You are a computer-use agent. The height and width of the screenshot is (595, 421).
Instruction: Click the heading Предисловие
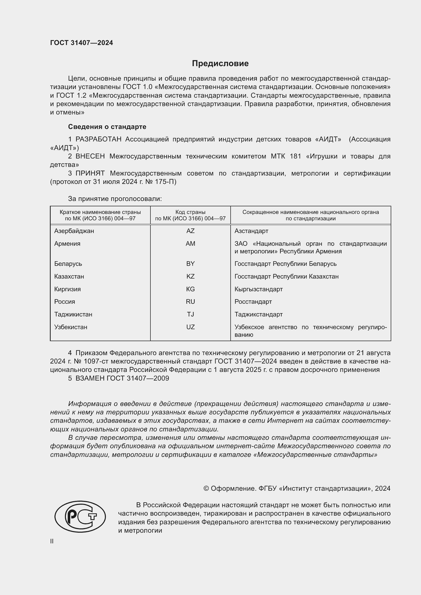pyautogui.click(x=220, y=64)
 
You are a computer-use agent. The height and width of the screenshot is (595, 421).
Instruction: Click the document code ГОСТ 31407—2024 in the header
pyautogui.click(x=81, y=43)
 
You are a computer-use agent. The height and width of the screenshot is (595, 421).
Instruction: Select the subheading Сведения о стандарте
pyautogui.click(x=107, y=127)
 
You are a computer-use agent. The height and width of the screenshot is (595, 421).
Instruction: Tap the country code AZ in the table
pyautogui.click(x=190, y=231)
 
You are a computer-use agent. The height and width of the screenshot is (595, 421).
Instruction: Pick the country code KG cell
pyautogui.click(x=190, y=289)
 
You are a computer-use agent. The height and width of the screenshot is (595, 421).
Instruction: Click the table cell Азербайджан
pyautogui.click(x=74, y=231)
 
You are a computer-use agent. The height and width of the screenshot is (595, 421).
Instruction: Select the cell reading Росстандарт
pyautogui.click(x=253, y=302)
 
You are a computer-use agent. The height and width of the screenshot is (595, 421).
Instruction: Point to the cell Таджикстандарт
pyautogui.click(x=258, y=314)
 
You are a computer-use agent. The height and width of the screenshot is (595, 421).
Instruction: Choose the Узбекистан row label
pyautogui.click(x=71, y=327)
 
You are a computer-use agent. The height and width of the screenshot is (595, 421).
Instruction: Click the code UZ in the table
pyautogui.click(x=190, y=327)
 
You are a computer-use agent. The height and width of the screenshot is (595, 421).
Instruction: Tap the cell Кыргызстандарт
pyautogui.click(x=258, y=289)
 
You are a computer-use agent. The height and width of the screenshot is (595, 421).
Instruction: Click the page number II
pyautogui.click(x=52, y=541)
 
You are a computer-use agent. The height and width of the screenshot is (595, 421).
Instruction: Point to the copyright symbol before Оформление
pyautogui.click(x=206, y=488)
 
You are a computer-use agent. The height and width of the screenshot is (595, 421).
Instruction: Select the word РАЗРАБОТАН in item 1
pyautogui.click(x=99, y=139)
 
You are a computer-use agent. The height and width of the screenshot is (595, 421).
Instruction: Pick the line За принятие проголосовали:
pyautogui.click(x=115, y=199)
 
